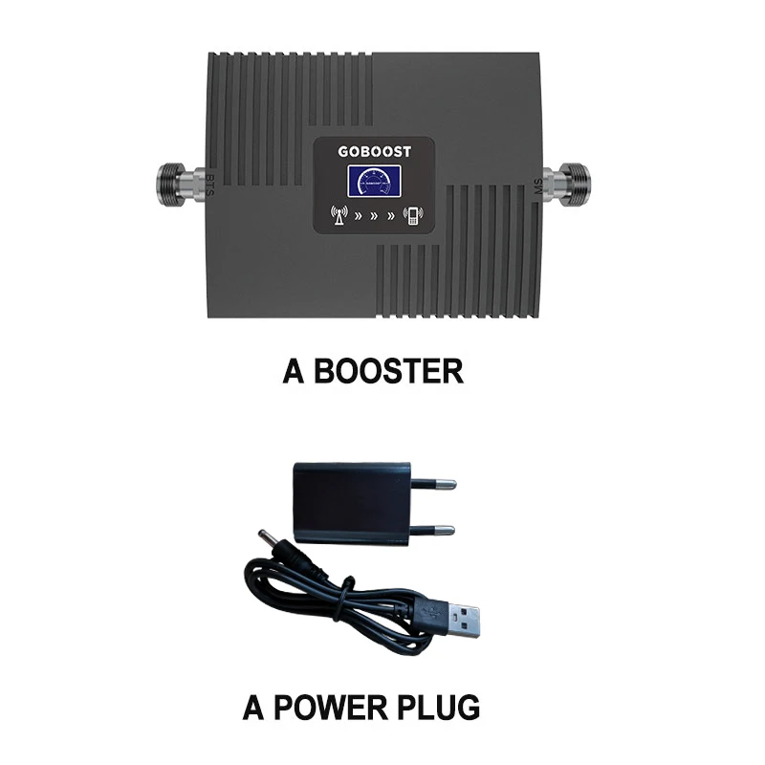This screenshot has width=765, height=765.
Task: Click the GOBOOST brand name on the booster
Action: point(376,150)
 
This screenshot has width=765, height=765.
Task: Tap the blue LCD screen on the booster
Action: point(376,182)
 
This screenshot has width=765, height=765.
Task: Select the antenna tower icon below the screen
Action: point(336,215)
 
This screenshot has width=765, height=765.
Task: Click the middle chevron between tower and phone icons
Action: point(376,215)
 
